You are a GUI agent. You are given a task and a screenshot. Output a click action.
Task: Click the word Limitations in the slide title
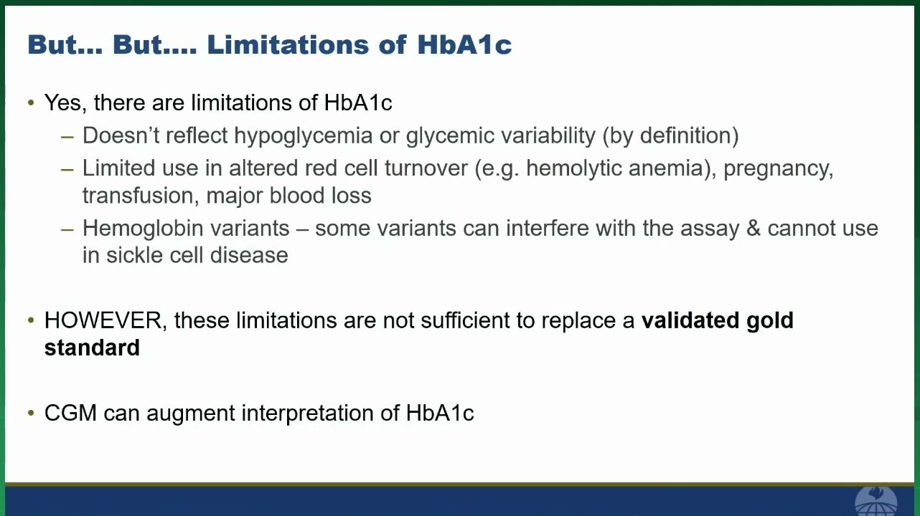tap(288, 44)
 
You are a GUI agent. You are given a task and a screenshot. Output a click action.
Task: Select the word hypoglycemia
tap(303, 136)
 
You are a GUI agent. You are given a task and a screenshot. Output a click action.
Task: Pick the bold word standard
tap(92, 348)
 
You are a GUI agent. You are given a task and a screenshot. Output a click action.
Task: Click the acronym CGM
tap(70, 413)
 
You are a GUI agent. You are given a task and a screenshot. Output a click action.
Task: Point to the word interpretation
tap(307, 414)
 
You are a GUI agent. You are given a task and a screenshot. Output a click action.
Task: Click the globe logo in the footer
tap(876, 501)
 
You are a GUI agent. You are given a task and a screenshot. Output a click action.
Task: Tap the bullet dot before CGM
tap(31, 413)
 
